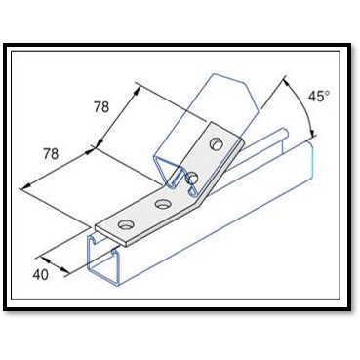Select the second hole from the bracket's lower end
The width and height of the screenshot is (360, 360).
(161, 204)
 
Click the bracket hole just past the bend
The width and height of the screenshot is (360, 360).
(192, 177)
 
